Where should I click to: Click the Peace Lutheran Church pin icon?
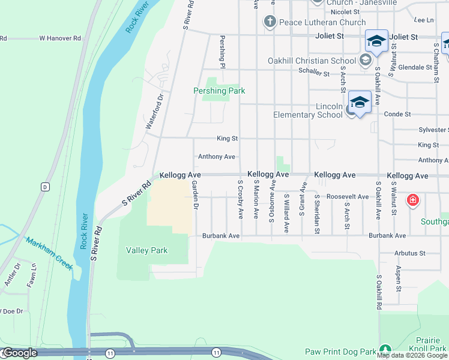pyautogui.click(x=270, y=22)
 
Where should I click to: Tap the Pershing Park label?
pyautogui.click(x=219, y=91)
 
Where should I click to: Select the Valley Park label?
pyautogui.click(x=147, y=250)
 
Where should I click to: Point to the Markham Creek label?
pyautogui.click(x=49, y=252)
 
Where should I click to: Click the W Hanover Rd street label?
pyautogui.click(x=60, y=38)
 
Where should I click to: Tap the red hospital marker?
pyautogui.click(x=412, y=200)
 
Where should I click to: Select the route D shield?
pyautogui.click(x=44, y=187)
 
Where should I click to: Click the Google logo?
pyautogui.click(x=19, y=352)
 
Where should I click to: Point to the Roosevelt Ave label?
pyautogui.click(x=347, y=197)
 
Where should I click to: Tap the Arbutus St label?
pyautogui.click(x=409, y=253)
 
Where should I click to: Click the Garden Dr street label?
pyautogui.click(x=194, y=196)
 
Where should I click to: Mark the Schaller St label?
pyautogui.click(x=315, y=73)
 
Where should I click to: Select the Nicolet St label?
pyautogui.click(x=345, y=11)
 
